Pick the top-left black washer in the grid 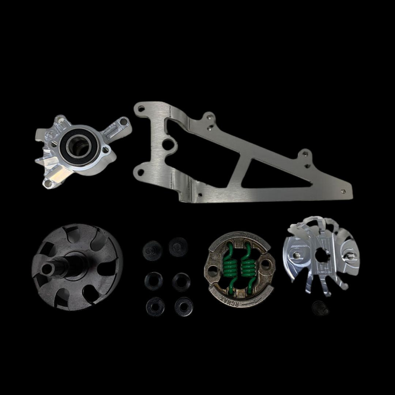(x=152, y=251)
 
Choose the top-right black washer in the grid (x=178, y=247)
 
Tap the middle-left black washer (x=153, y=281)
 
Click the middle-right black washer (x=181, y=282)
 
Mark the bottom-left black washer (x=155, y=306)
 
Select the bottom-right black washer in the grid (x=184, y=306)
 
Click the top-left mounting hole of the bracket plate (x=141, y=109)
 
